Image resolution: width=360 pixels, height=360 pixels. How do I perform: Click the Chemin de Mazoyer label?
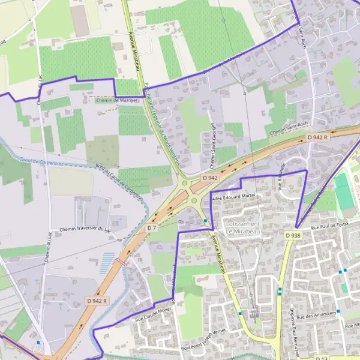[117, 100]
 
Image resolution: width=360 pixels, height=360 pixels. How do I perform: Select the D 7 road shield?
[152, 229]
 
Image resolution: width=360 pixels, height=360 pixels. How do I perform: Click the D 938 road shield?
[293, 235]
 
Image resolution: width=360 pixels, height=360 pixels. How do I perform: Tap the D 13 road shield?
[324, 358]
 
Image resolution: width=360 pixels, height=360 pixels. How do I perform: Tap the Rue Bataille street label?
[282, 179]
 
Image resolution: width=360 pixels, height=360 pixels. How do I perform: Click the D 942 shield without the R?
[210, 178]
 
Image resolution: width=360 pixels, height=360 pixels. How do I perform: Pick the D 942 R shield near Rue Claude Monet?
[96, 301]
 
